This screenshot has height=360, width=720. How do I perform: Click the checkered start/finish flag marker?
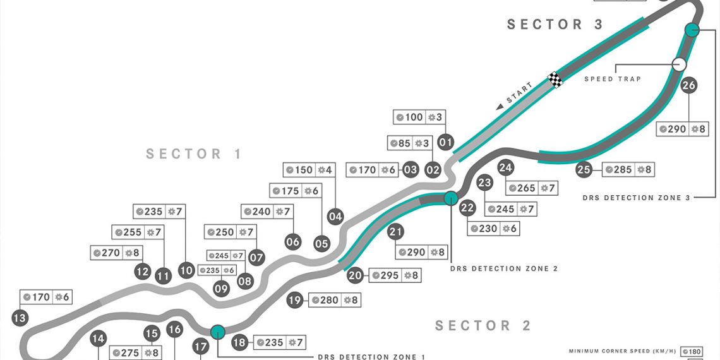tap(555, 80)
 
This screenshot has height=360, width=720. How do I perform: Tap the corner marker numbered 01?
tap(446, 142)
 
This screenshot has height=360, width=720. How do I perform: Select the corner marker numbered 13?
tap(20, 318)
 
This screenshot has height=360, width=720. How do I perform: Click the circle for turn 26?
tap(689, 85)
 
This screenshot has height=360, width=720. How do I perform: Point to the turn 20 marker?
tap(356, 275)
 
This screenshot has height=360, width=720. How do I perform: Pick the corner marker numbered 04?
tap(335, 217)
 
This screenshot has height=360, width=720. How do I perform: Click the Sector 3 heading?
tap(555, 25)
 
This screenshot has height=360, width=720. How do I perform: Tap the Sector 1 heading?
tap(194, 154)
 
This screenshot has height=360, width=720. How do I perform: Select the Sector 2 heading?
tap(483, 326)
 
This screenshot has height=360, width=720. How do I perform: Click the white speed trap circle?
tap(679, 64)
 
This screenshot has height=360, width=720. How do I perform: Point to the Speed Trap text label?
tap(612, 79)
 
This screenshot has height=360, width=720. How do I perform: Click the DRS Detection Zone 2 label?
tap(504, 268)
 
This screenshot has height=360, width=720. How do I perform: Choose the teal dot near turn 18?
tap(218, 332)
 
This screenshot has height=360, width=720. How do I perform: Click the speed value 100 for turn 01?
tap(414, 117)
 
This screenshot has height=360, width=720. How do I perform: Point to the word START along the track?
tap(520, 93)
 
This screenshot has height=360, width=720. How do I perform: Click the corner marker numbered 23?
tap(484, 183)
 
